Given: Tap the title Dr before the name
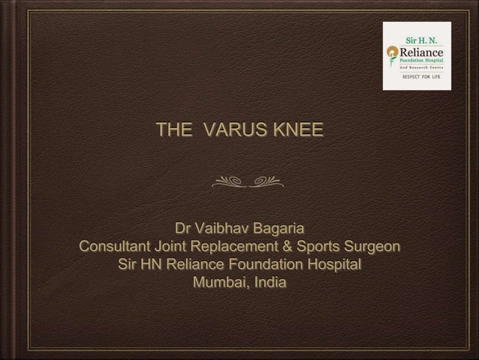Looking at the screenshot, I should pos(184,228).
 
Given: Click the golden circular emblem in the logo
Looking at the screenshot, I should pos(391,52).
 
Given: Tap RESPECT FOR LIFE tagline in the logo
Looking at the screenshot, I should pos(422,77).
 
